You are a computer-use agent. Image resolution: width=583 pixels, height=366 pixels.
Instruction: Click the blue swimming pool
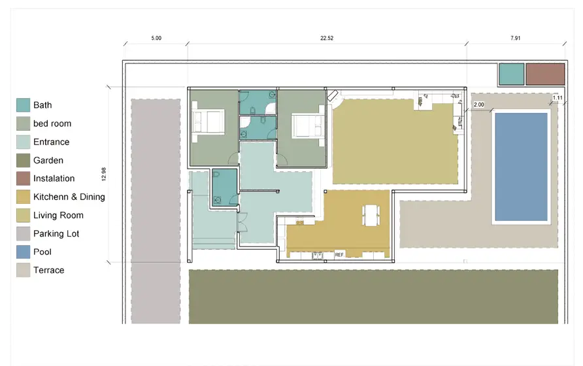(x=522, y=167)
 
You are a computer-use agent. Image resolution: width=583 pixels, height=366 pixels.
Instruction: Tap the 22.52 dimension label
(x=327, y=38)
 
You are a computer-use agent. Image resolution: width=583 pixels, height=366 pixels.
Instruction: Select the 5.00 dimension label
(x=156, y=38)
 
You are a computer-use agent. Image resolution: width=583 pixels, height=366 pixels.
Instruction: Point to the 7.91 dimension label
(x=515, y=38)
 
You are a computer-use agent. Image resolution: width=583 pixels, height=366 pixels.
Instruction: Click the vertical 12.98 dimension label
(x=104, y=174)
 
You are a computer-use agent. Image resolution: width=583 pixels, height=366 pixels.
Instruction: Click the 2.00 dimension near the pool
(x=479, y=105)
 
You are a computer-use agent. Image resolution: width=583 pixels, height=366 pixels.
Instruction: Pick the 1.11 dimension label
(x=558, y=98)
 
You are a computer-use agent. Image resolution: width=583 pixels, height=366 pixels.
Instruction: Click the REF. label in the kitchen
(x=339, y=255)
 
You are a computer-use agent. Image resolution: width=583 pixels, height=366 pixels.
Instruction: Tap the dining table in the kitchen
(x=371, y=216)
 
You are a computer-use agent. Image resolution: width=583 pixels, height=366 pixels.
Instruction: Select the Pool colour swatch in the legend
(x=23, y=252)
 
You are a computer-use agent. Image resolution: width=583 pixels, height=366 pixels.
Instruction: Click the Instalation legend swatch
(x=23, y=178)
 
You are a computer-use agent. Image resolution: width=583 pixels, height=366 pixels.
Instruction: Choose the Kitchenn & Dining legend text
(x=69, y=197)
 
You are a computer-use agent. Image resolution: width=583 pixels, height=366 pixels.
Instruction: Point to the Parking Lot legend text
(x=56, y=233)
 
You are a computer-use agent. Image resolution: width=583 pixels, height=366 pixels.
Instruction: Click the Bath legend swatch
(x=23, y=105)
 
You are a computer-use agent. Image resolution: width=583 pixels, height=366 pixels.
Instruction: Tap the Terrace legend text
(x=49, y=270)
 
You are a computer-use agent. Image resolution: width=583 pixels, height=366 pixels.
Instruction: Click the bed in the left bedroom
(x=208, y=122)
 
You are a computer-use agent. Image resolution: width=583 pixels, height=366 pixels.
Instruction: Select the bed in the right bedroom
(x=308, y=125)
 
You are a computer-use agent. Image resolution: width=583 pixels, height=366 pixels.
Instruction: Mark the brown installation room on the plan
(x=545, y=74)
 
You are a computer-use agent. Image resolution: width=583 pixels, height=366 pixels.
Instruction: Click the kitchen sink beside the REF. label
(x=318, y=255)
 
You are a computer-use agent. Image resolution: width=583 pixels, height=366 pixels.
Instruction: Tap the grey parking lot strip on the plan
(x=156, y=211)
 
